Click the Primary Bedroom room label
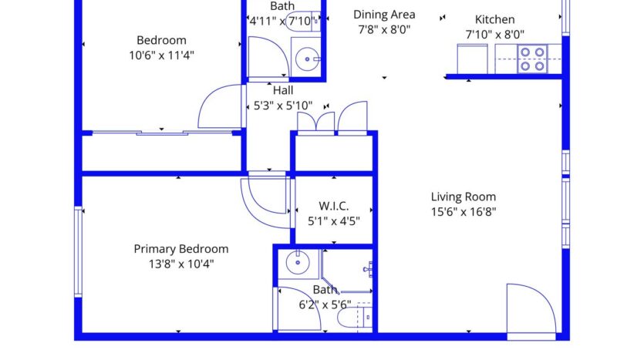[x=181, y=249]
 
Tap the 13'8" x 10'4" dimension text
[x=181, y=264]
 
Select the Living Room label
[x=463, y=197]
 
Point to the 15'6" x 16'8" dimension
[x=463, y=211]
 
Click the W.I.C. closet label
[x=334, y=206]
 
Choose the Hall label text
[x=282, y=90]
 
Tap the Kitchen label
[x=494, y=20]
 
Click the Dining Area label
[x=384, y=15]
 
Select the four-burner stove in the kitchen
[x=531, y=58]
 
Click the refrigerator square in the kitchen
[x=470, y=58]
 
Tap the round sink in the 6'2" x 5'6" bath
[x=297, y=264]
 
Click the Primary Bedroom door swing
[x=263, y=202]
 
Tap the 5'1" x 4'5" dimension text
[x=334, y=220]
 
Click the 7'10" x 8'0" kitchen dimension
[x=494, y=35]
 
